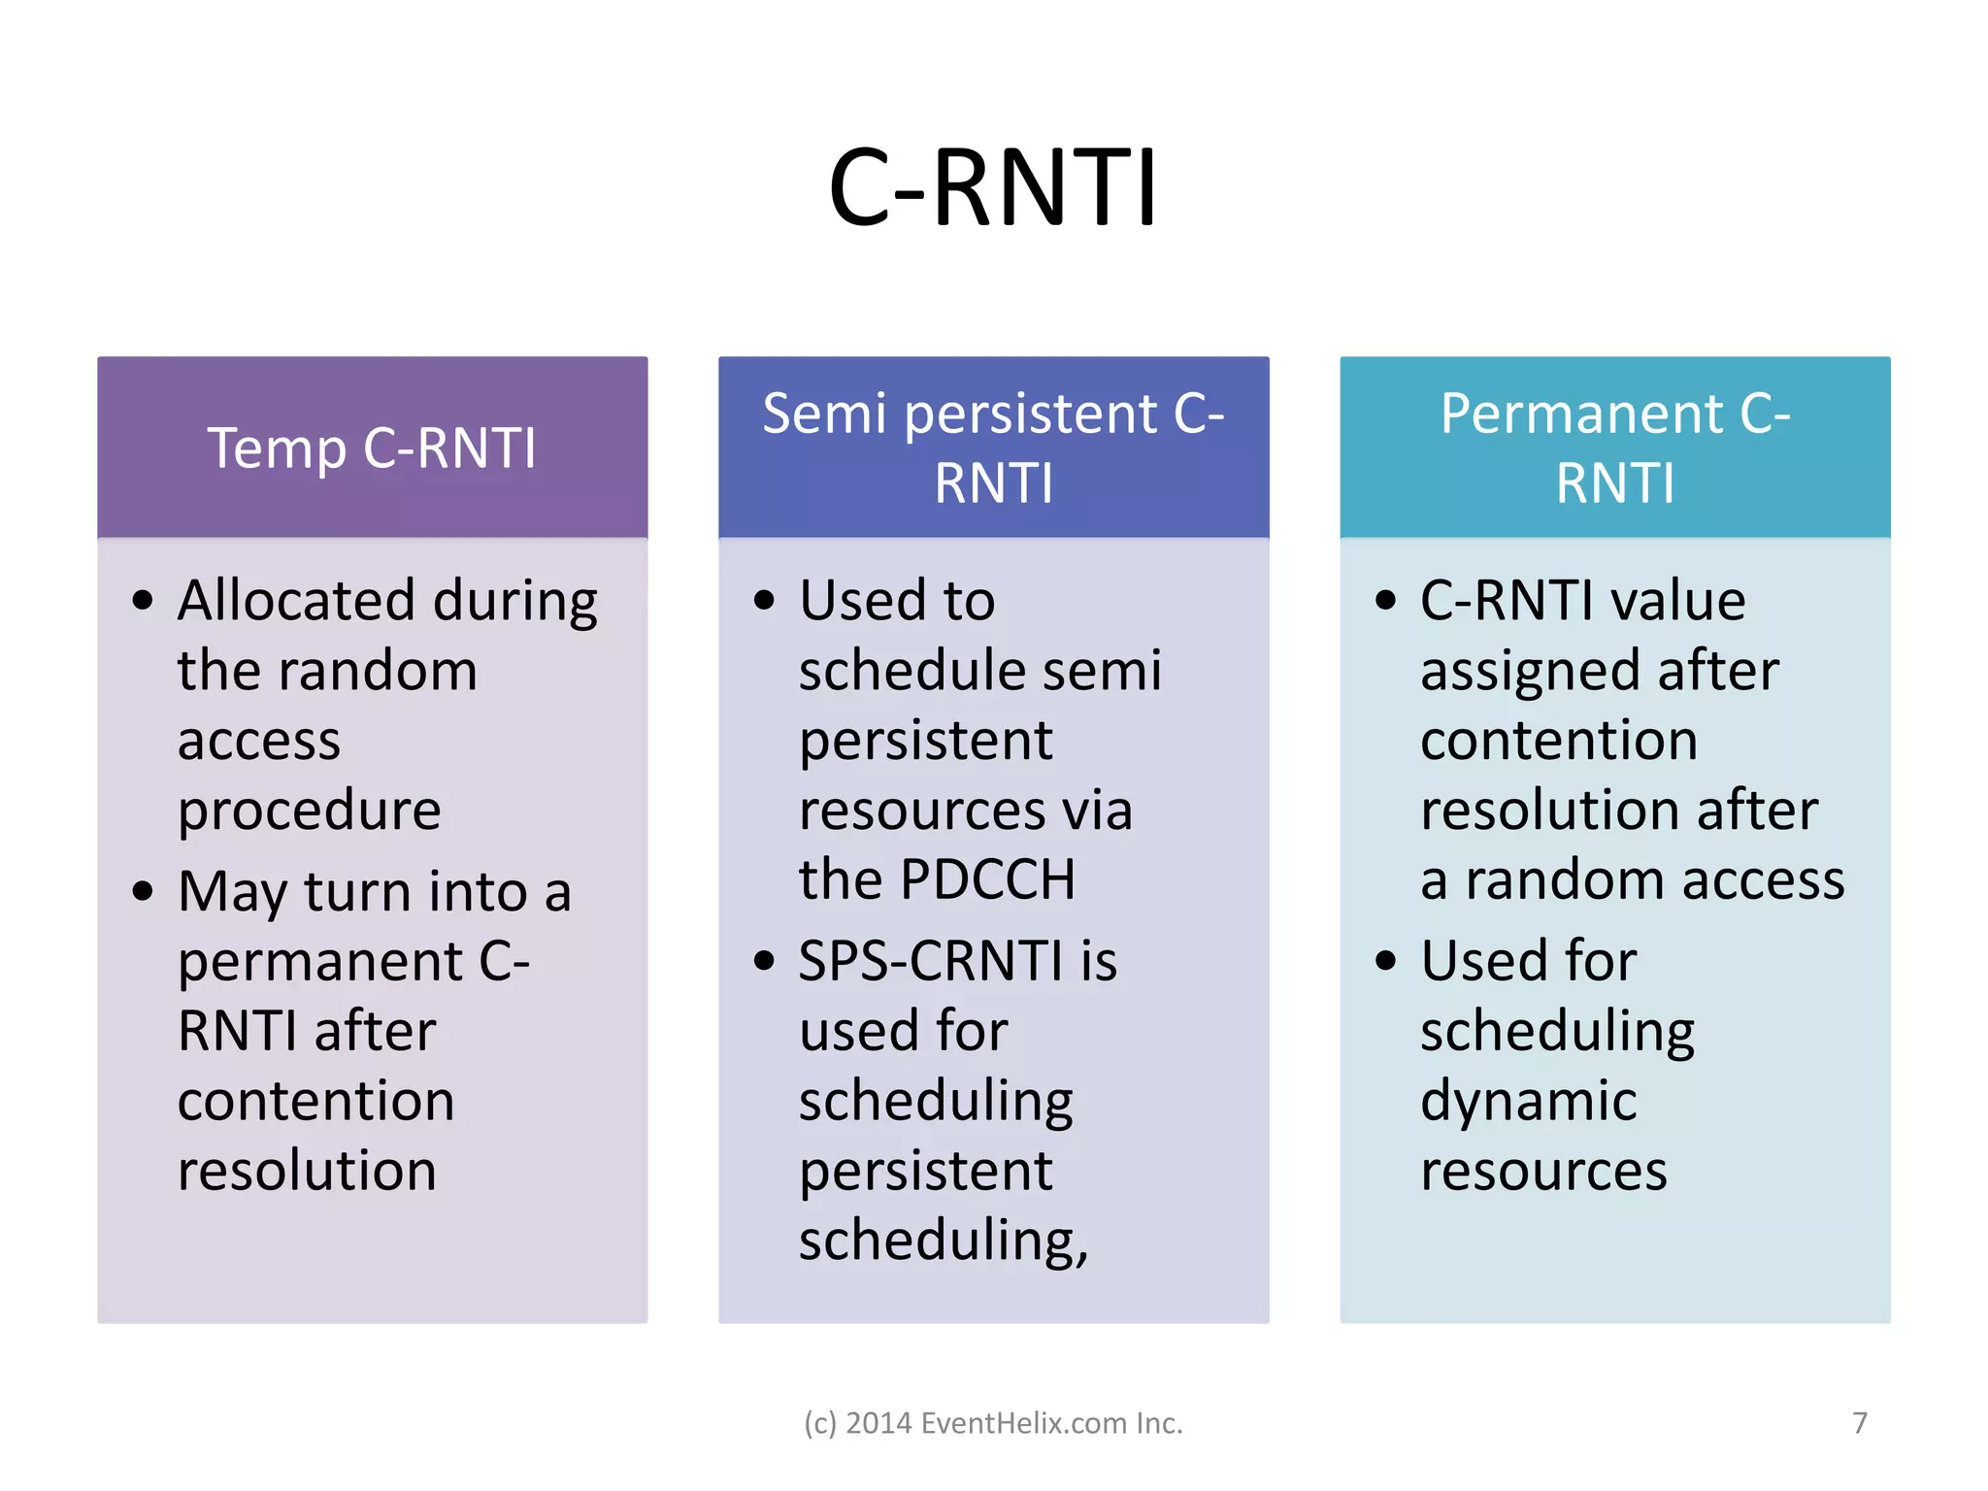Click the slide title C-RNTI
click(993, 187)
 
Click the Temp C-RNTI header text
click(372, 448)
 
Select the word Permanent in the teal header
click(1581, 414)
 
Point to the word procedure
click(309, 811)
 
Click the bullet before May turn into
click(143, 891)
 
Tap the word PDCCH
click(987, 879)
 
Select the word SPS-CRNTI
click(930, 961)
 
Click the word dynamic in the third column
click(1528, 1101)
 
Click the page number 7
click(1859, 1423)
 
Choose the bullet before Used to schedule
click(764, 601)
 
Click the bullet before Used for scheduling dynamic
click(1385, 961)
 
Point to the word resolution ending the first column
click(307, 1171)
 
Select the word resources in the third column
click(1543, 1171)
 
